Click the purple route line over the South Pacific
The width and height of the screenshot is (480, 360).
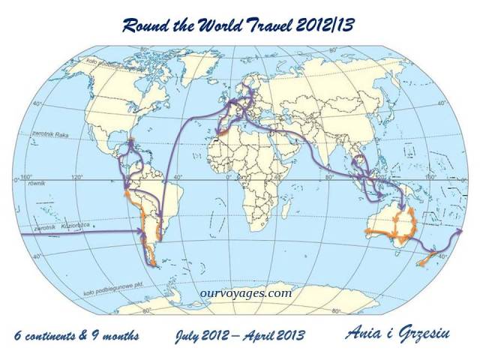pos(67,234)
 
